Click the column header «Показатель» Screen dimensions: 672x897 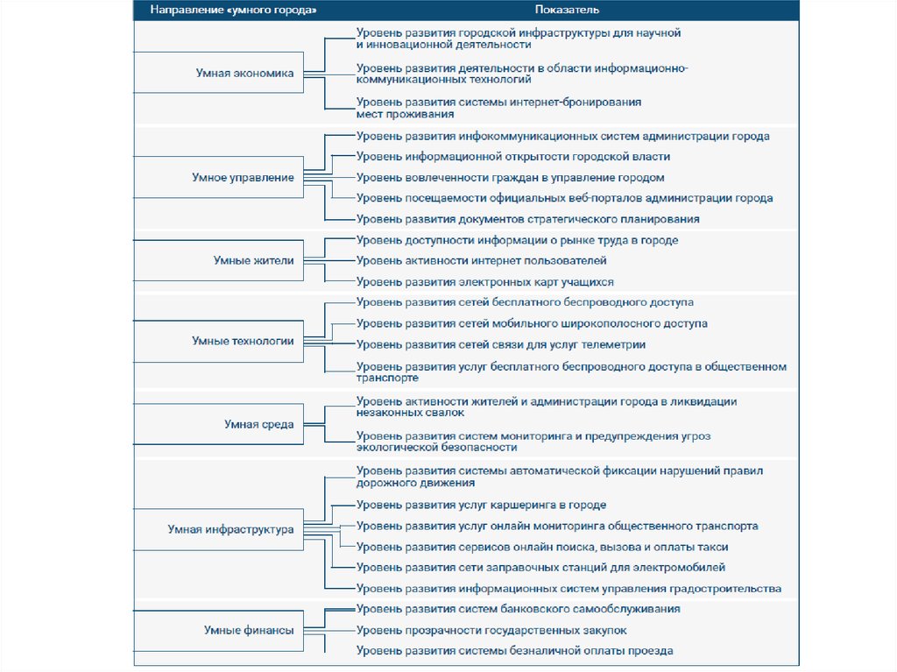[x=568, y=11]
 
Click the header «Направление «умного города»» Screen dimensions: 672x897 [x=233, y=11]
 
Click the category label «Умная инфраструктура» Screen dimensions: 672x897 [x=230, y=529]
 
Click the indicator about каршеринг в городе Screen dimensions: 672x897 [x=481, y=506]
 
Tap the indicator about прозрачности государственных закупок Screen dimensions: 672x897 [x=491, y=630]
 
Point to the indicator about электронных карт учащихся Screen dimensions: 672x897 [x=484, y=282]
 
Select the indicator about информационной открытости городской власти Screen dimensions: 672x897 [x=512, y=157]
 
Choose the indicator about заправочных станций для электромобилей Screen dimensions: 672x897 [x=540, y=568]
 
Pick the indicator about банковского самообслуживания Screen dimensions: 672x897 [x=518, y=609]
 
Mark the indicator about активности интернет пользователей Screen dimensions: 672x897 [x=481, y=260]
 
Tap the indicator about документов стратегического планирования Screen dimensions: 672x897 [x=527, y=219]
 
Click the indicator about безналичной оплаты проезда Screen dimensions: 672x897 [x=514, y=651]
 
